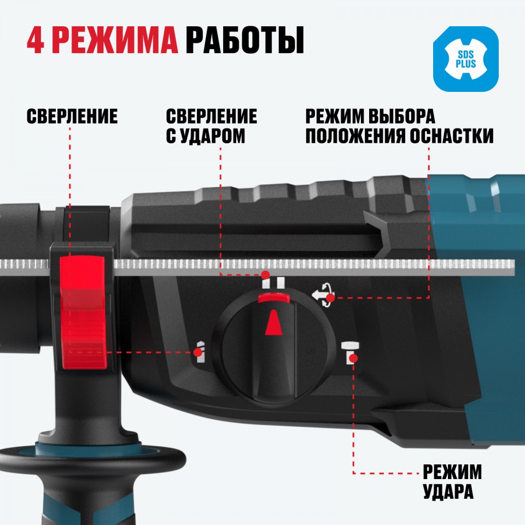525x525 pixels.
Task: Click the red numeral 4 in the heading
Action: pos(35,40)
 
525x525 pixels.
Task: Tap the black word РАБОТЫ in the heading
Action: pos(245,40)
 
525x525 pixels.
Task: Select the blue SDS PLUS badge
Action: pos(466,59)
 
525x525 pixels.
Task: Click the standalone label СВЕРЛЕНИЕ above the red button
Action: pos(72,116)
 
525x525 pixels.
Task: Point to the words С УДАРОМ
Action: pos(206,136)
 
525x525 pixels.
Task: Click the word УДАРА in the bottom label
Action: pos(448,492)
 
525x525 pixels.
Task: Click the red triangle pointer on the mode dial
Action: pos(273,322)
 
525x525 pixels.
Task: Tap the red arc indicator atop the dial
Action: pos(274,297)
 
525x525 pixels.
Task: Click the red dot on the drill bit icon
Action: pos(198,352)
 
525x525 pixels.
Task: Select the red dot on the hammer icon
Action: pos(353,359)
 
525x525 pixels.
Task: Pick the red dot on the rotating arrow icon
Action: pos(330,297)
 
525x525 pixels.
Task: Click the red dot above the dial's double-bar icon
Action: pos(266,275)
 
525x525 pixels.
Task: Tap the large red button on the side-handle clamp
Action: pos(84,312)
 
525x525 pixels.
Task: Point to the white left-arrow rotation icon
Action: pos(322,295)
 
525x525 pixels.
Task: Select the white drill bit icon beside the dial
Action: pos(200,352)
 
